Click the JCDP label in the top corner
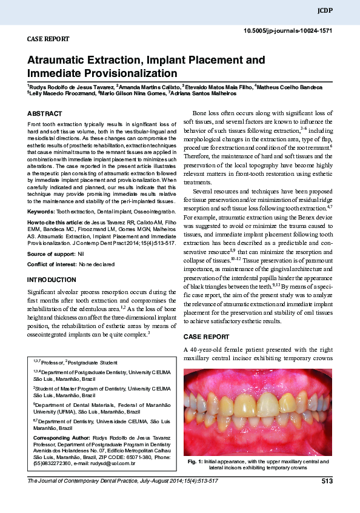point(324,11)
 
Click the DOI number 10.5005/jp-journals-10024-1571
point(288,30)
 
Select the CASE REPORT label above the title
point(48,39)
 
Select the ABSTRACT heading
point(45,113)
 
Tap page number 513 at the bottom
point(327,481)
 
